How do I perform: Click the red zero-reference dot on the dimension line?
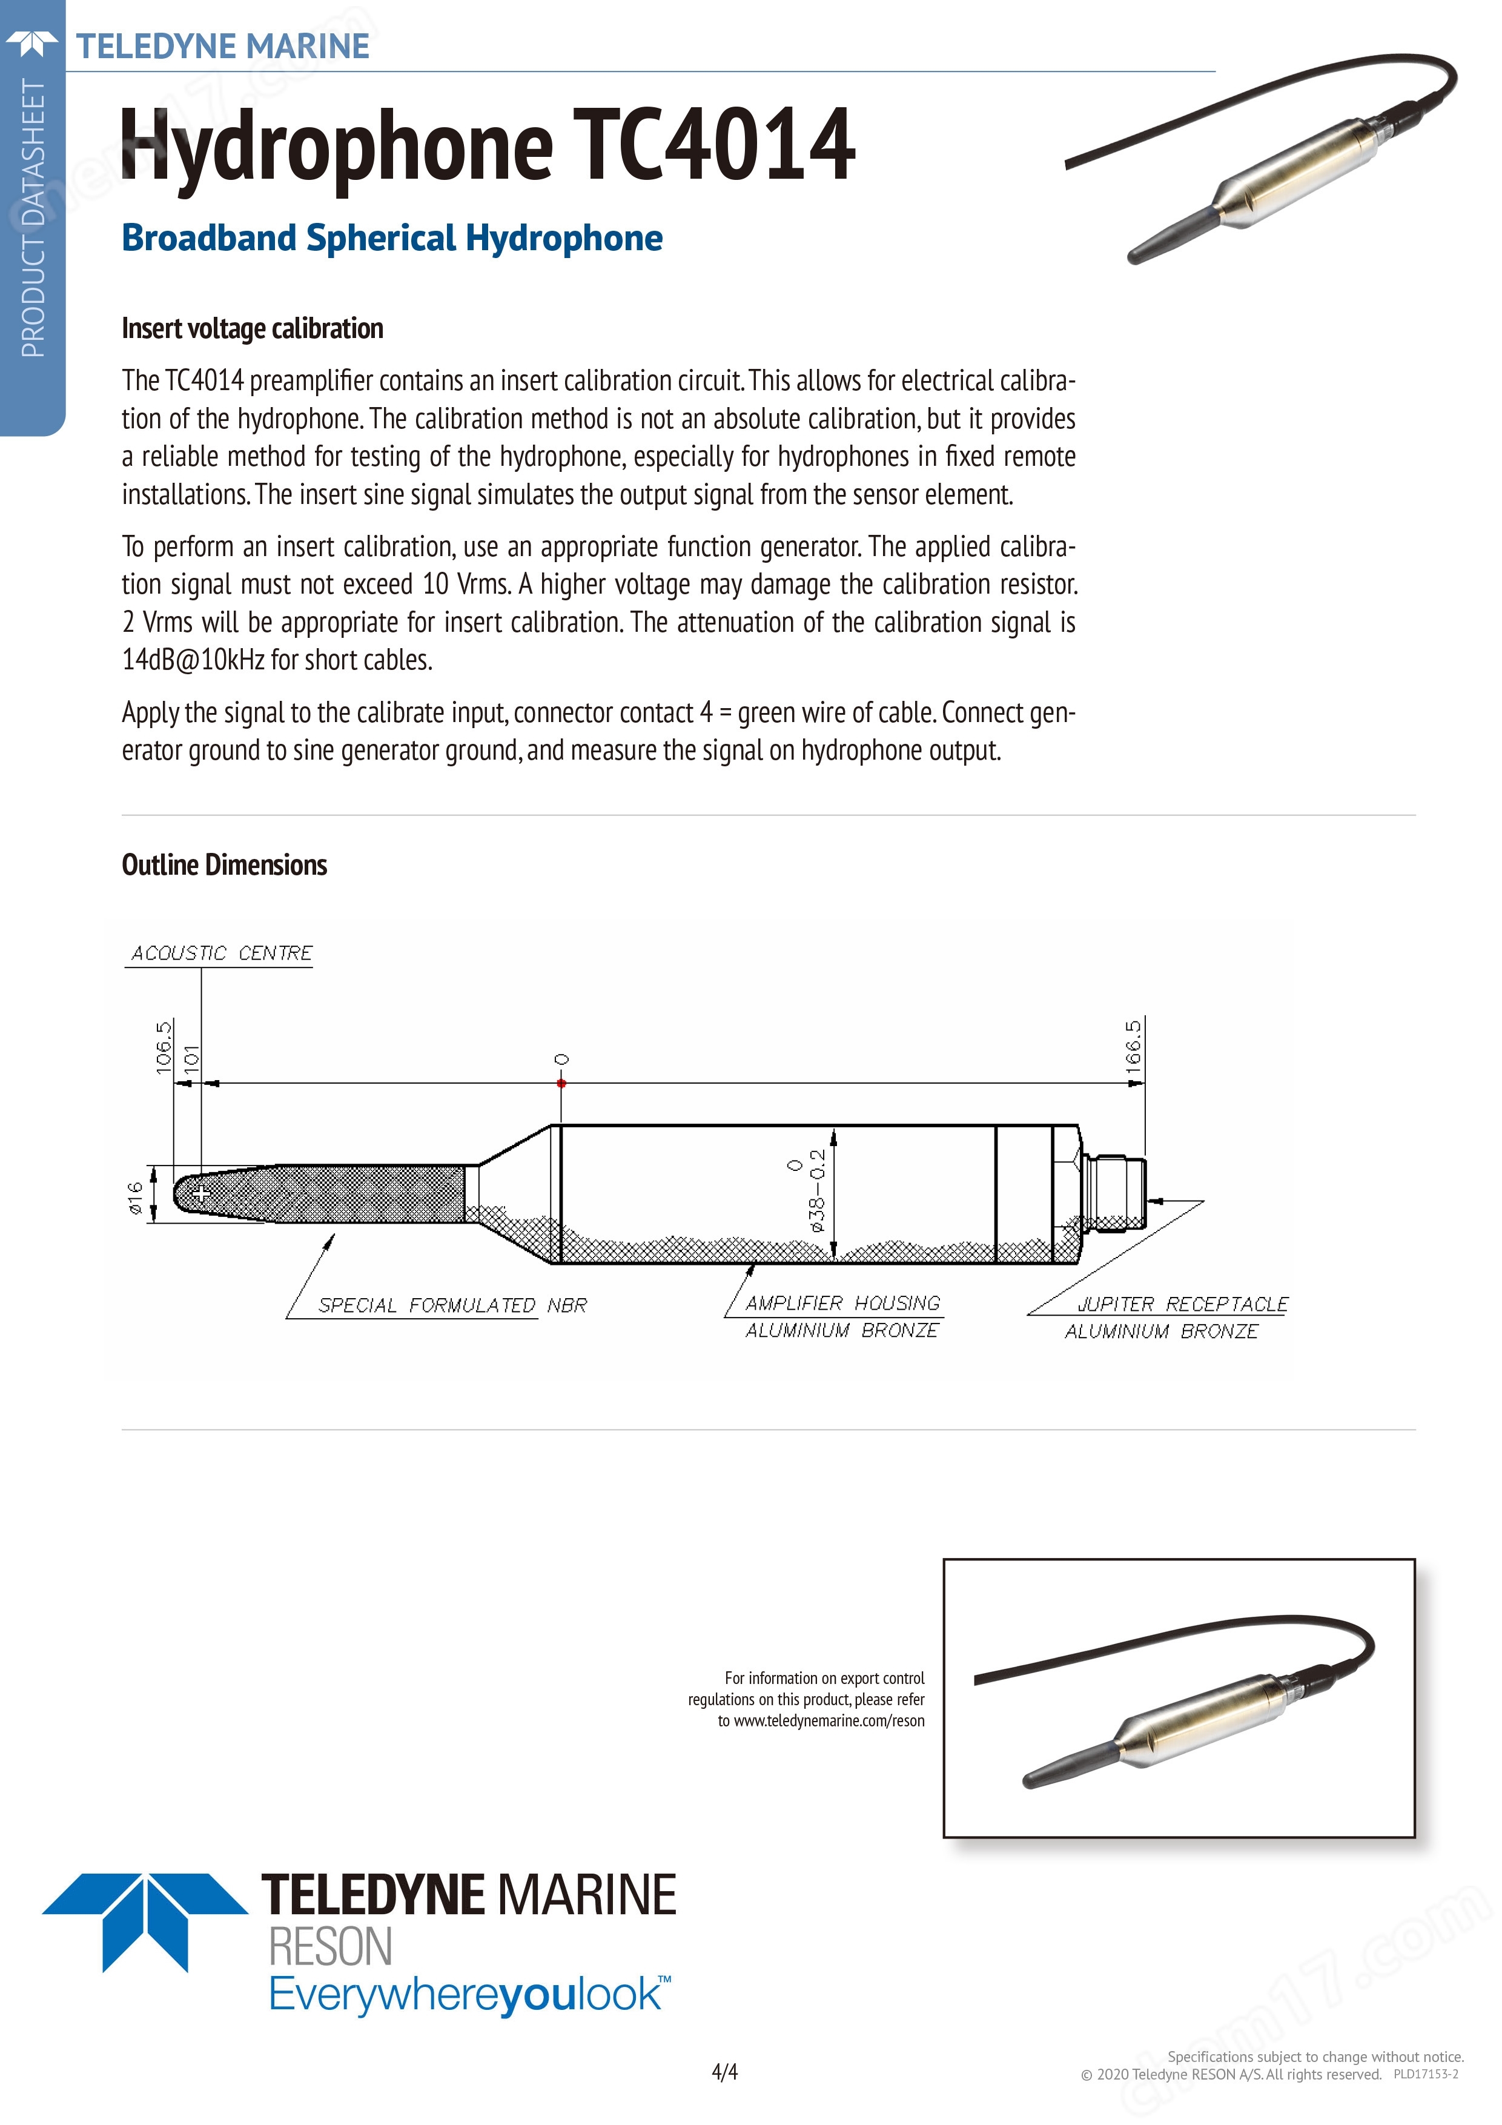561,1083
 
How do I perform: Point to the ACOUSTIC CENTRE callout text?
221,953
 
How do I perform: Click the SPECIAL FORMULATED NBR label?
452,1305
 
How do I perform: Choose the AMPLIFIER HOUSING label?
842,1303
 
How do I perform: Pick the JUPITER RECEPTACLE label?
1182,1304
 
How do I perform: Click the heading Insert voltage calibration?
252,328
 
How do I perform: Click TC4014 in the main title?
713,145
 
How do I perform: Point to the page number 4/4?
724,2071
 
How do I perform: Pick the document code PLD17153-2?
1425,2074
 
